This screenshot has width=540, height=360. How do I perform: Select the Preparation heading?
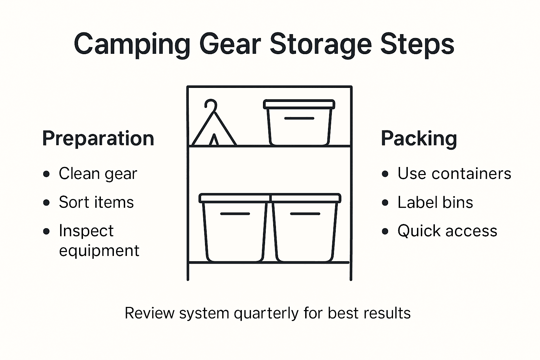point(98,138)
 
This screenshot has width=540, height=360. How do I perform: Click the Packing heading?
point(419,138)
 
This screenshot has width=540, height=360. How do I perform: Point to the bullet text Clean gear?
point(98,174)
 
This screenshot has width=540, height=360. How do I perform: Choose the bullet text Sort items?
point(96,202)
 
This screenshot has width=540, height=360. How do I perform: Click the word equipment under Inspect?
point(99,251)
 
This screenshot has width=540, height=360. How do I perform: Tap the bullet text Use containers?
point(454,174)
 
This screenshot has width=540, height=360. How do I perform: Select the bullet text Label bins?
point(435,202)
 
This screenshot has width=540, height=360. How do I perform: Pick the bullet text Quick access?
point(447,231)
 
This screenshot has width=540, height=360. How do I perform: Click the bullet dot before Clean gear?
point(46,174)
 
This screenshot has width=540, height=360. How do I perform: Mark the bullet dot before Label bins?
point(385,203)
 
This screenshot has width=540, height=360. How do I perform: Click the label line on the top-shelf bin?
point(299,118)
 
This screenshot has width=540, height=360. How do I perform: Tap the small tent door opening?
point(214,141)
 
